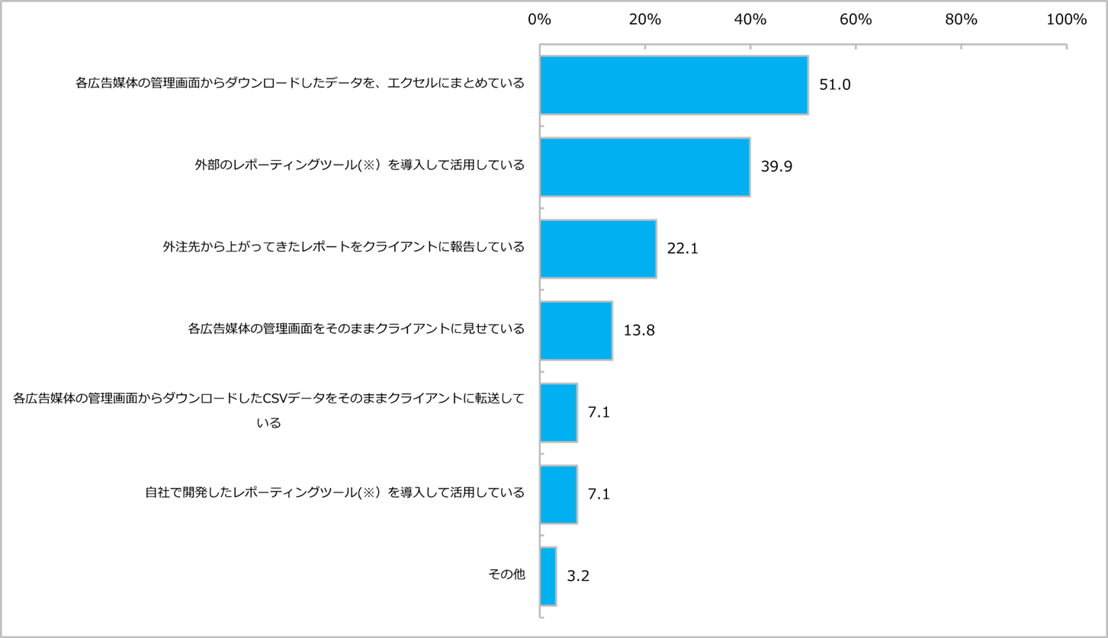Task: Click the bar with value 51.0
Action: coord(674,85)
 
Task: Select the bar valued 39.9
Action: coord(645,167)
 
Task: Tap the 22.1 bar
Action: coord(598,248)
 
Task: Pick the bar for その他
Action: coord(548,576)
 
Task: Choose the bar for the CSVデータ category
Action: coord(558,412)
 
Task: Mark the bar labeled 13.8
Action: coord(576,331)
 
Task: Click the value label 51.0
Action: coord(834,85)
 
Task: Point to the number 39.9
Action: coord(776,167)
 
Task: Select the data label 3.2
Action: coord(578,576)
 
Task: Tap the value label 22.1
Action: coord(682,248)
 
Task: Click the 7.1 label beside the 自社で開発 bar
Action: coord(599,494)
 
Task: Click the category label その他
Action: coord(506,575)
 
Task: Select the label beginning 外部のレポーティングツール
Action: coord(359,165)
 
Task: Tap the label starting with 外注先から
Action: coord(343,247)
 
